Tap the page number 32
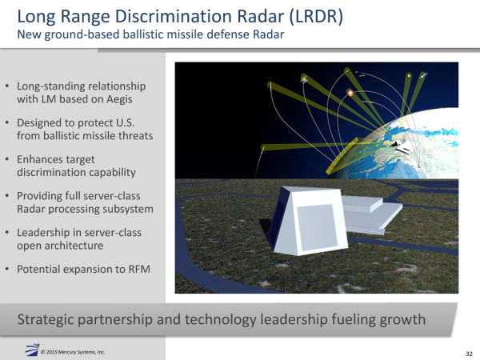[468, 352]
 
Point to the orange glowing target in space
[350, 94]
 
